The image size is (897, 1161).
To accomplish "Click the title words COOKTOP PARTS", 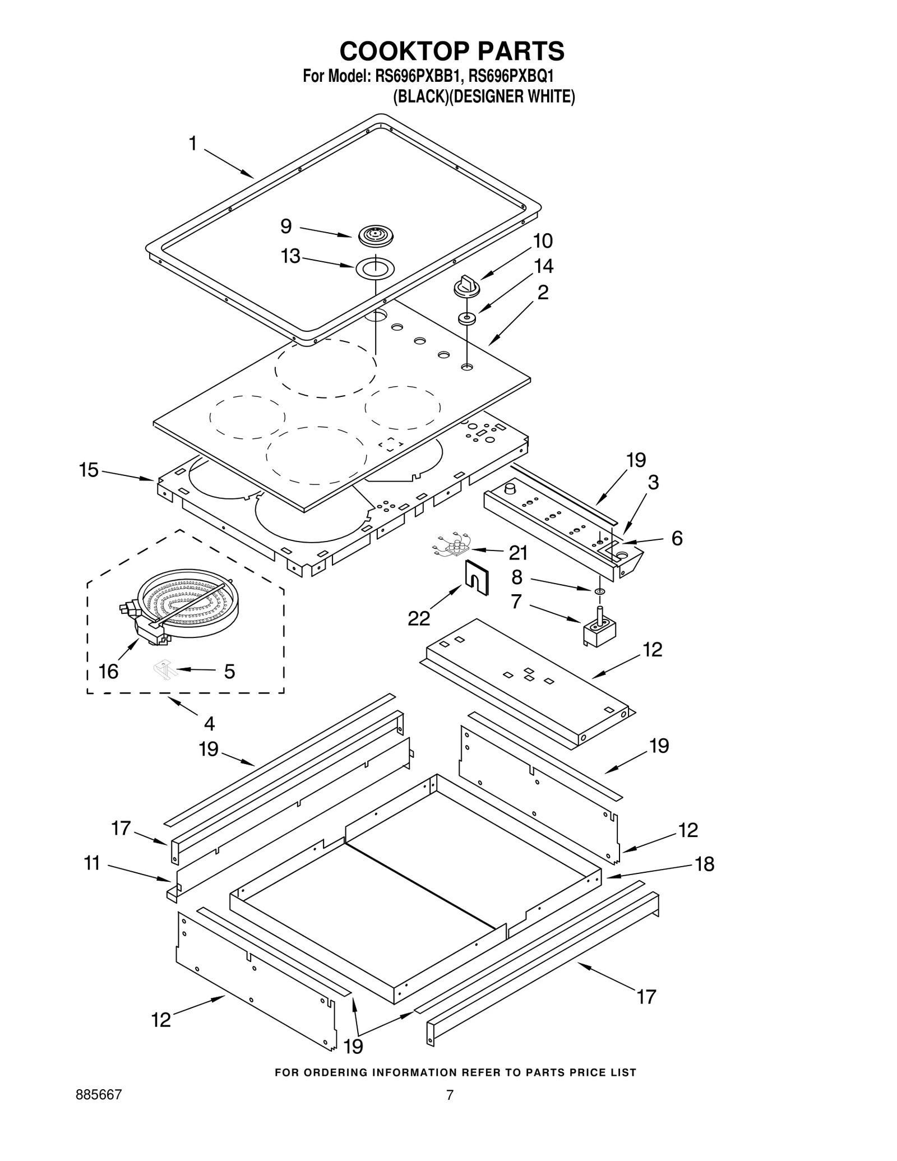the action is (x=452, y=51).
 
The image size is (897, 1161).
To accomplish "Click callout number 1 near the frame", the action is (x=193, y=144).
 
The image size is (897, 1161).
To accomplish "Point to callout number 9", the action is (x=286, y=226).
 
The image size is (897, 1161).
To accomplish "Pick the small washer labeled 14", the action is (x=466, y=319).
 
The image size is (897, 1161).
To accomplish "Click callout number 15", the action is (x=89, y=470).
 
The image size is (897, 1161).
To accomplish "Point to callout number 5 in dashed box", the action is (x=229, y=671).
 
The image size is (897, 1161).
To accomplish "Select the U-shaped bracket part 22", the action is (x=477, y=577).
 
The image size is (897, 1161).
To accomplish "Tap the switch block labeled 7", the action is (x=599, y=627).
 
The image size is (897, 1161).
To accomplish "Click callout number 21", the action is (x=518, y=553).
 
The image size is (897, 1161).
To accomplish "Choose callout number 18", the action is (x=705, y=864).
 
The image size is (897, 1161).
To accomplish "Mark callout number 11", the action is (x=92, y=863).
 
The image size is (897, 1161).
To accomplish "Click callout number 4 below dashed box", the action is (x=209, y=724).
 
